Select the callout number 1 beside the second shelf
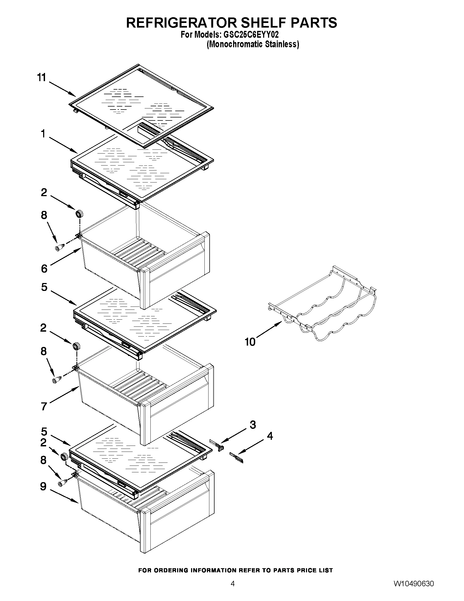point(43,134)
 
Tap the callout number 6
point(44,268)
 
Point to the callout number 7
point(44,406)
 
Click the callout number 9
point(43,487)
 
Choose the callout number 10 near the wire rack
point(250,342)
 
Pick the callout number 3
point(253,425)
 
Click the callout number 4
point(270,436)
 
